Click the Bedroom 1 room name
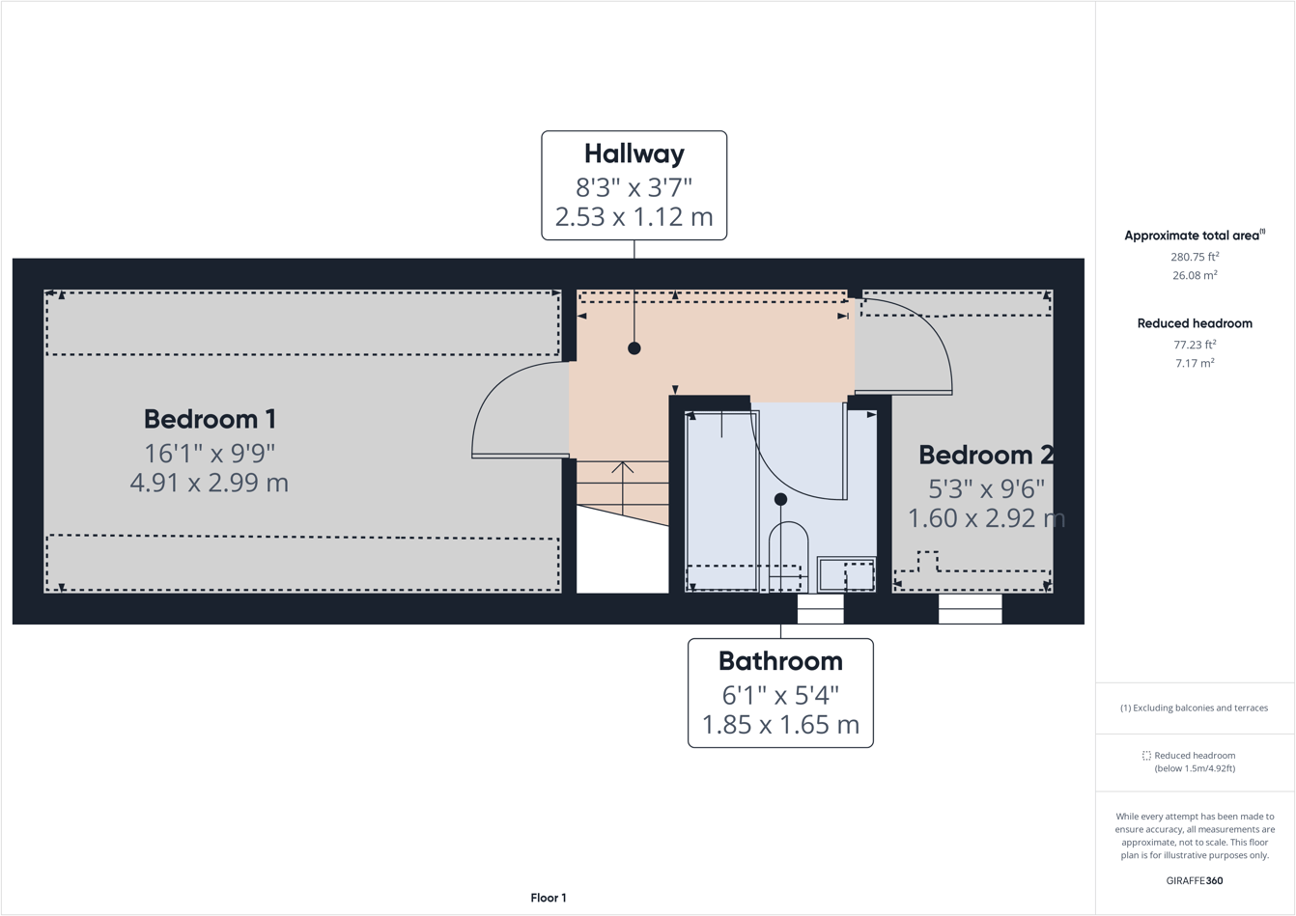coord(210,419)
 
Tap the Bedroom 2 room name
coord(985,455)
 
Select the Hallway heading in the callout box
coord(634,153)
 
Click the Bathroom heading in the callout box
coord(780,661)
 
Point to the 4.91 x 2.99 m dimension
coord(210,483)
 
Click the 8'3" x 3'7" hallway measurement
coord(634,186)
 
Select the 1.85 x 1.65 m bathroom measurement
coord(780,724)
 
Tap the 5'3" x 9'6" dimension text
coord(985,487)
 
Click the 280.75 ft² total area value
coord(1195,257)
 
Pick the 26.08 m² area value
coord(1195,275)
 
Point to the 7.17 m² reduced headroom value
coord(1195,363)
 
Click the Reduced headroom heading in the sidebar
coord(1195,323)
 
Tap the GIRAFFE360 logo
coord(1195,880)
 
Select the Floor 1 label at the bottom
coord(549,898)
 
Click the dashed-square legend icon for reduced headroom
coord(1146,756)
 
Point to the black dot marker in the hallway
coord(634,348)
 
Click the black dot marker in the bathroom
coord(780,499)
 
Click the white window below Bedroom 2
coord(970,609)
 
